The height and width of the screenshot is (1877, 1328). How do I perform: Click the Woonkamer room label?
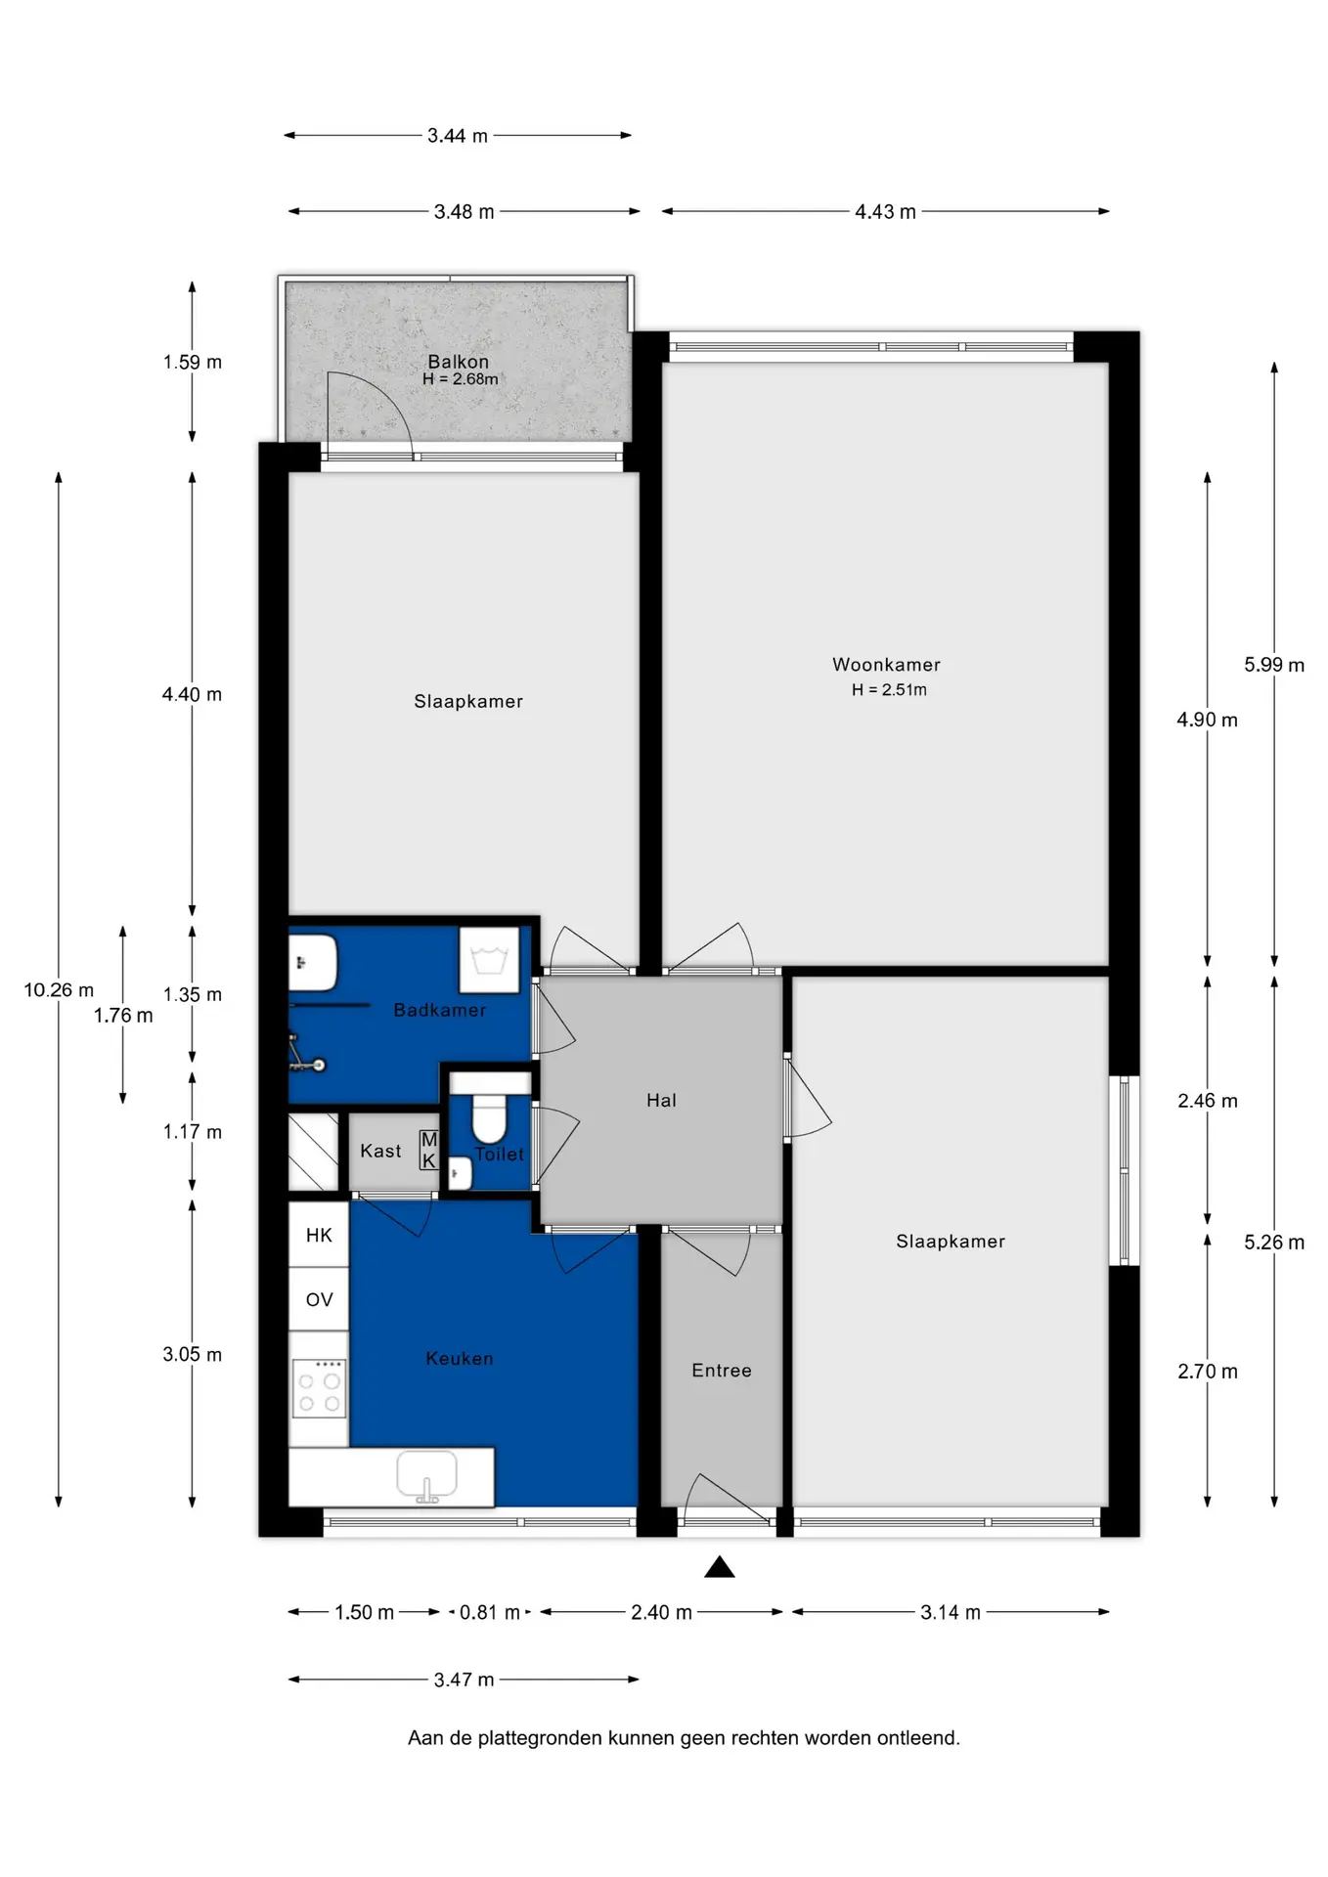tap(886, 665)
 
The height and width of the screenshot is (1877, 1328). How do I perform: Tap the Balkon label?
tap(458, 362)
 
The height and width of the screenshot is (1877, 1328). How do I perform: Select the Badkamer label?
tap(440, 1010)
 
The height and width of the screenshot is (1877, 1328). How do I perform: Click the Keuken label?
tap(460, 1358)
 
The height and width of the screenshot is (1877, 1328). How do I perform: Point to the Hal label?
tap(661, 1100)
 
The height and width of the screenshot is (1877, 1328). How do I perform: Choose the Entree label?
tap(722, 1371)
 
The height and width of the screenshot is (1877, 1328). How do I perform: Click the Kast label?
tap(380, 1151)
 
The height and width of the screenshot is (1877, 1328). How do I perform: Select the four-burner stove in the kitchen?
tap(319, 1388)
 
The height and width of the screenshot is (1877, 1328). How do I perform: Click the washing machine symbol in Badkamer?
tap(489, 960)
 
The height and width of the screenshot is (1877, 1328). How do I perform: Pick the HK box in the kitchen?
tap(319, 1235)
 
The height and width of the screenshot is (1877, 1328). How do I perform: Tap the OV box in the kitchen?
tap(319, 1299)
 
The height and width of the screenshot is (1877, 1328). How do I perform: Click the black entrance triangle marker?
tap(720, 1567)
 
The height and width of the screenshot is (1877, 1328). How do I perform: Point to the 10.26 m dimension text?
tap(59, 990)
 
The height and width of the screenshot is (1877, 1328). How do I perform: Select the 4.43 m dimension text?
tap(885, 212)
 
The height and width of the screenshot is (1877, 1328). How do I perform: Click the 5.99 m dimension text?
tap(1274, 665)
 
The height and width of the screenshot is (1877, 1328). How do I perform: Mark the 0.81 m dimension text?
tap(490, 1612)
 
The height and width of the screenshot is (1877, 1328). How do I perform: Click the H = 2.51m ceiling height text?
tap(889, 689)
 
